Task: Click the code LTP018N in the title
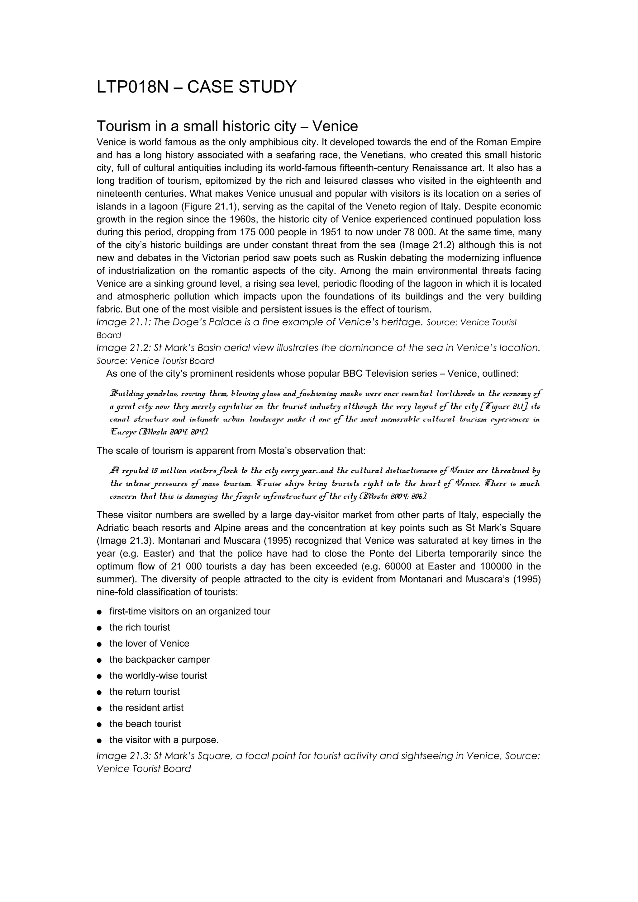point(132,87)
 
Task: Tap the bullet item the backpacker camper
point(159,660)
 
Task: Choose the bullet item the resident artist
point(146,708)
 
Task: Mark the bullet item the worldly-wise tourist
point(158,676)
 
